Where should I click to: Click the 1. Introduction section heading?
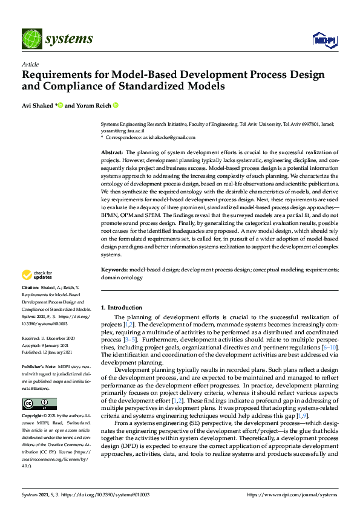pyautogui.click(x=122, y=308)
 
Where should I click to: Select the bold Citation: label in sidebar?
pyautogui.click(x=30, y=287)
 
